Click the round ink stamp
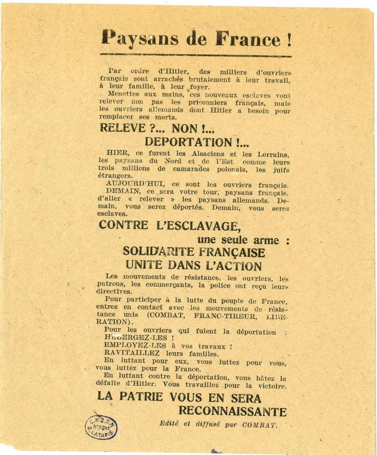[101, 427]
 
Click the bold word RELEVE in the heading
[119, 129]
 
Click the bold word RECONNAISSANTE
[232, 411]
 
